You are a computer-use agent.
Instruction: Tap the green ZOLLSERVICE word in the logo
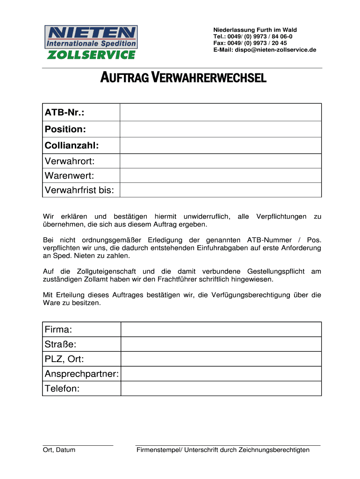click(x=91, y=55)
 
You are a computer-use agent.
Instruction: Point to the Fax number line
click(x=250, y=43)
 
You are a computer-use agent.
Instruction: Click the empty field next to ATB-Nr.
click(x=220, y=112)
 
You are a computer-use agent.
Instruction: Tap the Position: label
click(x=65, y=129)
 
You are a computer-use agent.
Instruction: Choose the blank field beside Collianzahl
click(x=220, y=145)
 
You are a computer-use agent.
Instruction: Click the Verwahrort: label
click(x=69, y=161)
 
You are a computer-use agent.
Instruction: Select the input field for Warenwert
click(x=220, y=176)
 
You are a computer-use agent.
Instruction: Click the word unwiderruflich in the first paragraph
click(x=206, y=217)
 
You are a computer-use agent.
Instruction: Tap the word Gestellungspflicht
click(x=276, y=272)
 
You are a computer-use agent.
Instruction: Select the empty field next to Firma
click(x=221, y=329)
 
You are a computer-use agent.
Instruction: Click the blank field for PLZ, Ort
click(x=221, y=359)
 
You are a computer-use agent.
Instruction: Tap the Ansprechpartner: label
click(x=82, y=374)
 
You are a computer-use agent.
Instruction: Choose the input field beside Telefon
click(x=221, y=389)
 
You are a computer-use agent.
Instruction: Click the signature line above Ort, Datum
click(x=78, y=445)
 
